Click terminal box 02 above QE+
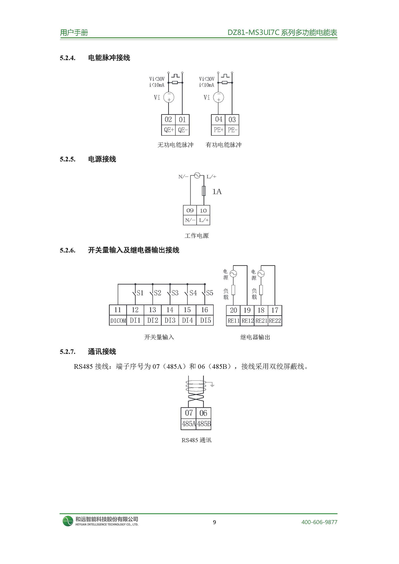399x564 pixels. tap(168, 120)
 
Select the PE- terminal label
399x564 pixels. tap(232, 130)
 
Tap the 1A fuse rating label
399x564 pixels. tap(217, 192)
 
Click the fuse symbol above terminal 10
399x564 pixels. tap(204, 191)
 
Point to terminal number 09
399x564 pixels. tap(190, 211)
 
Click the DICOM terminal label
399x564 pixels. tap(118, 321)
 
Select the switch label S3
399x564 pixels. tap(175, 293)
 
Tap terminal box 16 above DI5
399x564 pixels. tap(204, 310)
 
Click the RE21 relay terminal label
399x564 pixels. tap(261, 321)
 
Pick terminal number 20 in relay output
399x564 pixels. tap(233, 310)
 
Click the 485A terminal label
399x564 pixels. tap(188, 424)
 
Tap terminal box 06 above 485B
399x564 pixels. tap(203, 413)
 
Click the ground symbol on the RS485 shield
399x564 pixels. tap(212, 384)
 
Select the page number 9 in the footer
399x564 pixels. tap(214, 522)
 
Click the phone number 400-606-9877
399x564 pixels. tap(319, 522)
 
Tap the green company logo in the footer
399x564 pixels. tap(68, 521)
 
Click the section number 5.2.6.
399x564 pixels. tap(68, 250)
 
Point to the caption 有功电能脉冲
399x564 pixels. tap(223, 145)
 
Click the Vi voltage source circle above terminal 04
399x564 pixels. tap(219, 97)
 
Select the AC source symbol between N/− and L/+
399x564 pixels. tap(197, 176)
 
